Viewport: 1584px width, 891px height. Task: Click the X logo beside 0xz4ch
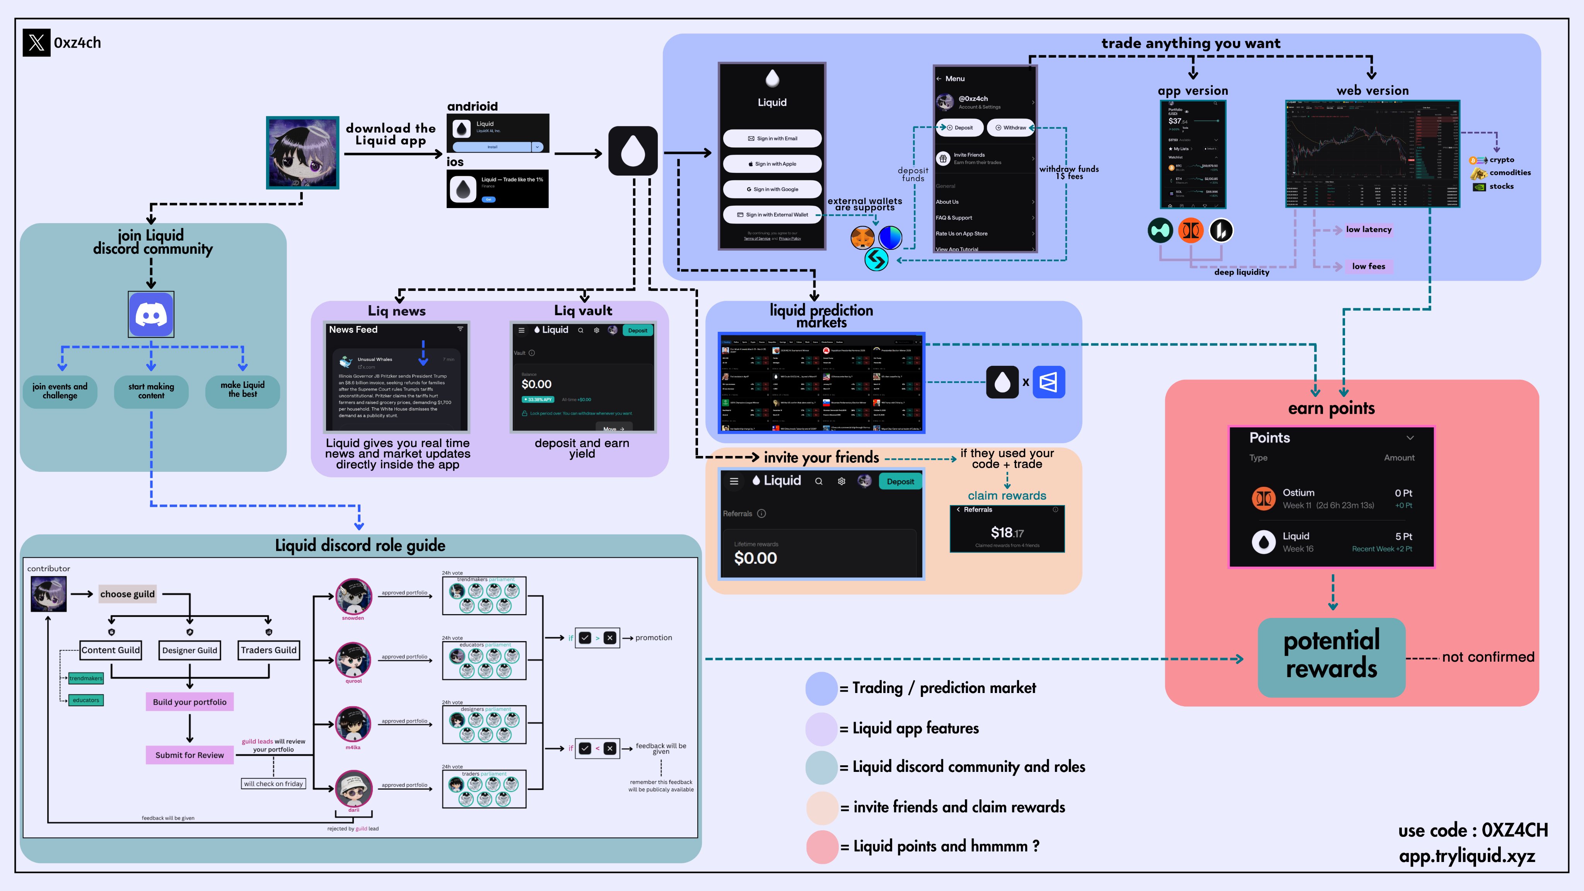point(36,43)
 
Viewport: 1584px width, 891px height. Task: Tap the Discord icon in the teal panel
point(151,314)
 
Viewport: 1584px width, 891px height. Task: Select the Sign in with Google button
point(772,189)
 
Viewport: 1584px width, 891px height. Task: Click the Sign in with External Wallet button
point(772,215)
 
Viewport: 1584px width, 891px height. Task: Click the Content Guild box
point(111,650)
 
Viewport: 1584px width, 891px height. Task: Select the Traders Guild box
point(269,650)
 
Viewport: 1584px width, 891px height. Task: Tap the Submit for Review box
point(189,755)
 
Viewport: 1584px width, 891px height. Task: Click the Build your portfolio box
point(189,702)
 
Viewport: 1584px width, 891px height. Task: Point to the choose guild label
point(127,594)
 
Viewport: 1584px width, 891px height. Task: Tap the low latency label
point(1368,229)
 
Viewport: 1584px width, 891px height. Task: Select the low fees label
point(1368,266)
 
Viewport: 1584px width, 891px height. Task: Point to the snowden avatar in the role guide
point(353,596)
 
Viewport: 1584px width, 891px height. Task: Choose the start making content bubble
point(151,391)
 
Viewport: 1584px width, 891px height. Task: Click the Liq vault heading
point(583,311)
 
